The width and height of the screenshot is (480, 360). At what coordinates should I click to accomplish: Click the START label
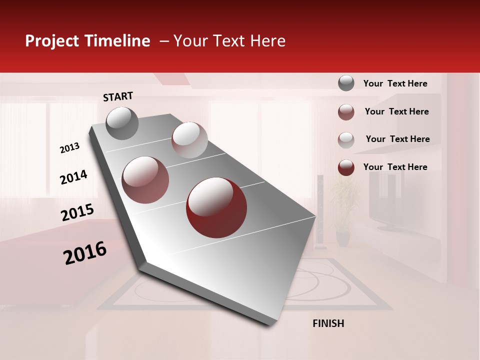(x=118, y=96)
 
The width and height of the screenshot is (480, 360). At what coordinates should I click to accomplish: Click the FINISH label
(x=328, y=323)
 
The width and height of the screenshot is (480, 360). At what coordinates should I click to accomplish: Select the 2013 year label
(x=69, y=148)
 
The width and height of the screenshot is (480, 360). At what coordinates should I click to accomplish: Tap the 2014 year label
(x=73, y=177)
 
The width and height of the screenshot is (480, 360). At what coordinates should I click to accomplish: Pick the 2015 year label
(x=77, y=212)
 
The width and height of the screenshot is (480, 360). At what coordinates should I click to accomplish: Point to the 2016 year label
(x=85, y=253)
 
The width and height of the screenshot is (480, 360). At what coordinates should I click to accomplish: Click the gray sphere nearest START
(x=122, y=123)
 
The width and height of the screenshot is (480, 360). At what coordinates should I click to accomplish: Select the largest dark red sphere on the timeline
(x=216, y=207)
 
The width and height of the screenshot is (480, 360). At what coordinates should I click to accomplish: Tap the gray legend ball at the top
(x=346, y=83)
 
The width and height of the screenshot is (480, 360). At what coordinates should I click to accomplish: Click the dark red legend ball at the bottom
(x=346, y=167)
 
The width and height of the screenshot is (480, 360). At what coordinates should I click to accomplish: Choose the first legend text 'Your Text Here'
(x=395, y=83)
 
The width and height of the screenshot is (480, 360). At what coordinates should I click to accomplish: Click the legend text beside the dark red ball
(x=395, y=167)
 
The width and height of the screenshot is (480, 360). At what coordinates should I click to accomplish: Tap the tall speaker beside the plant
(x=320, y=210)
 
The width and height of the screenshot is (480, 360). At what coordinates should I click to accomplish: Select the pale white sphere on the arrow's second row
(x=189, y=140)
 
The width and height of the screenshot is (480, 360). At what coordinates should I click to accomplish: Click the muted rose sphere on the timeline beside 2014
(x=145, y=179)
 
